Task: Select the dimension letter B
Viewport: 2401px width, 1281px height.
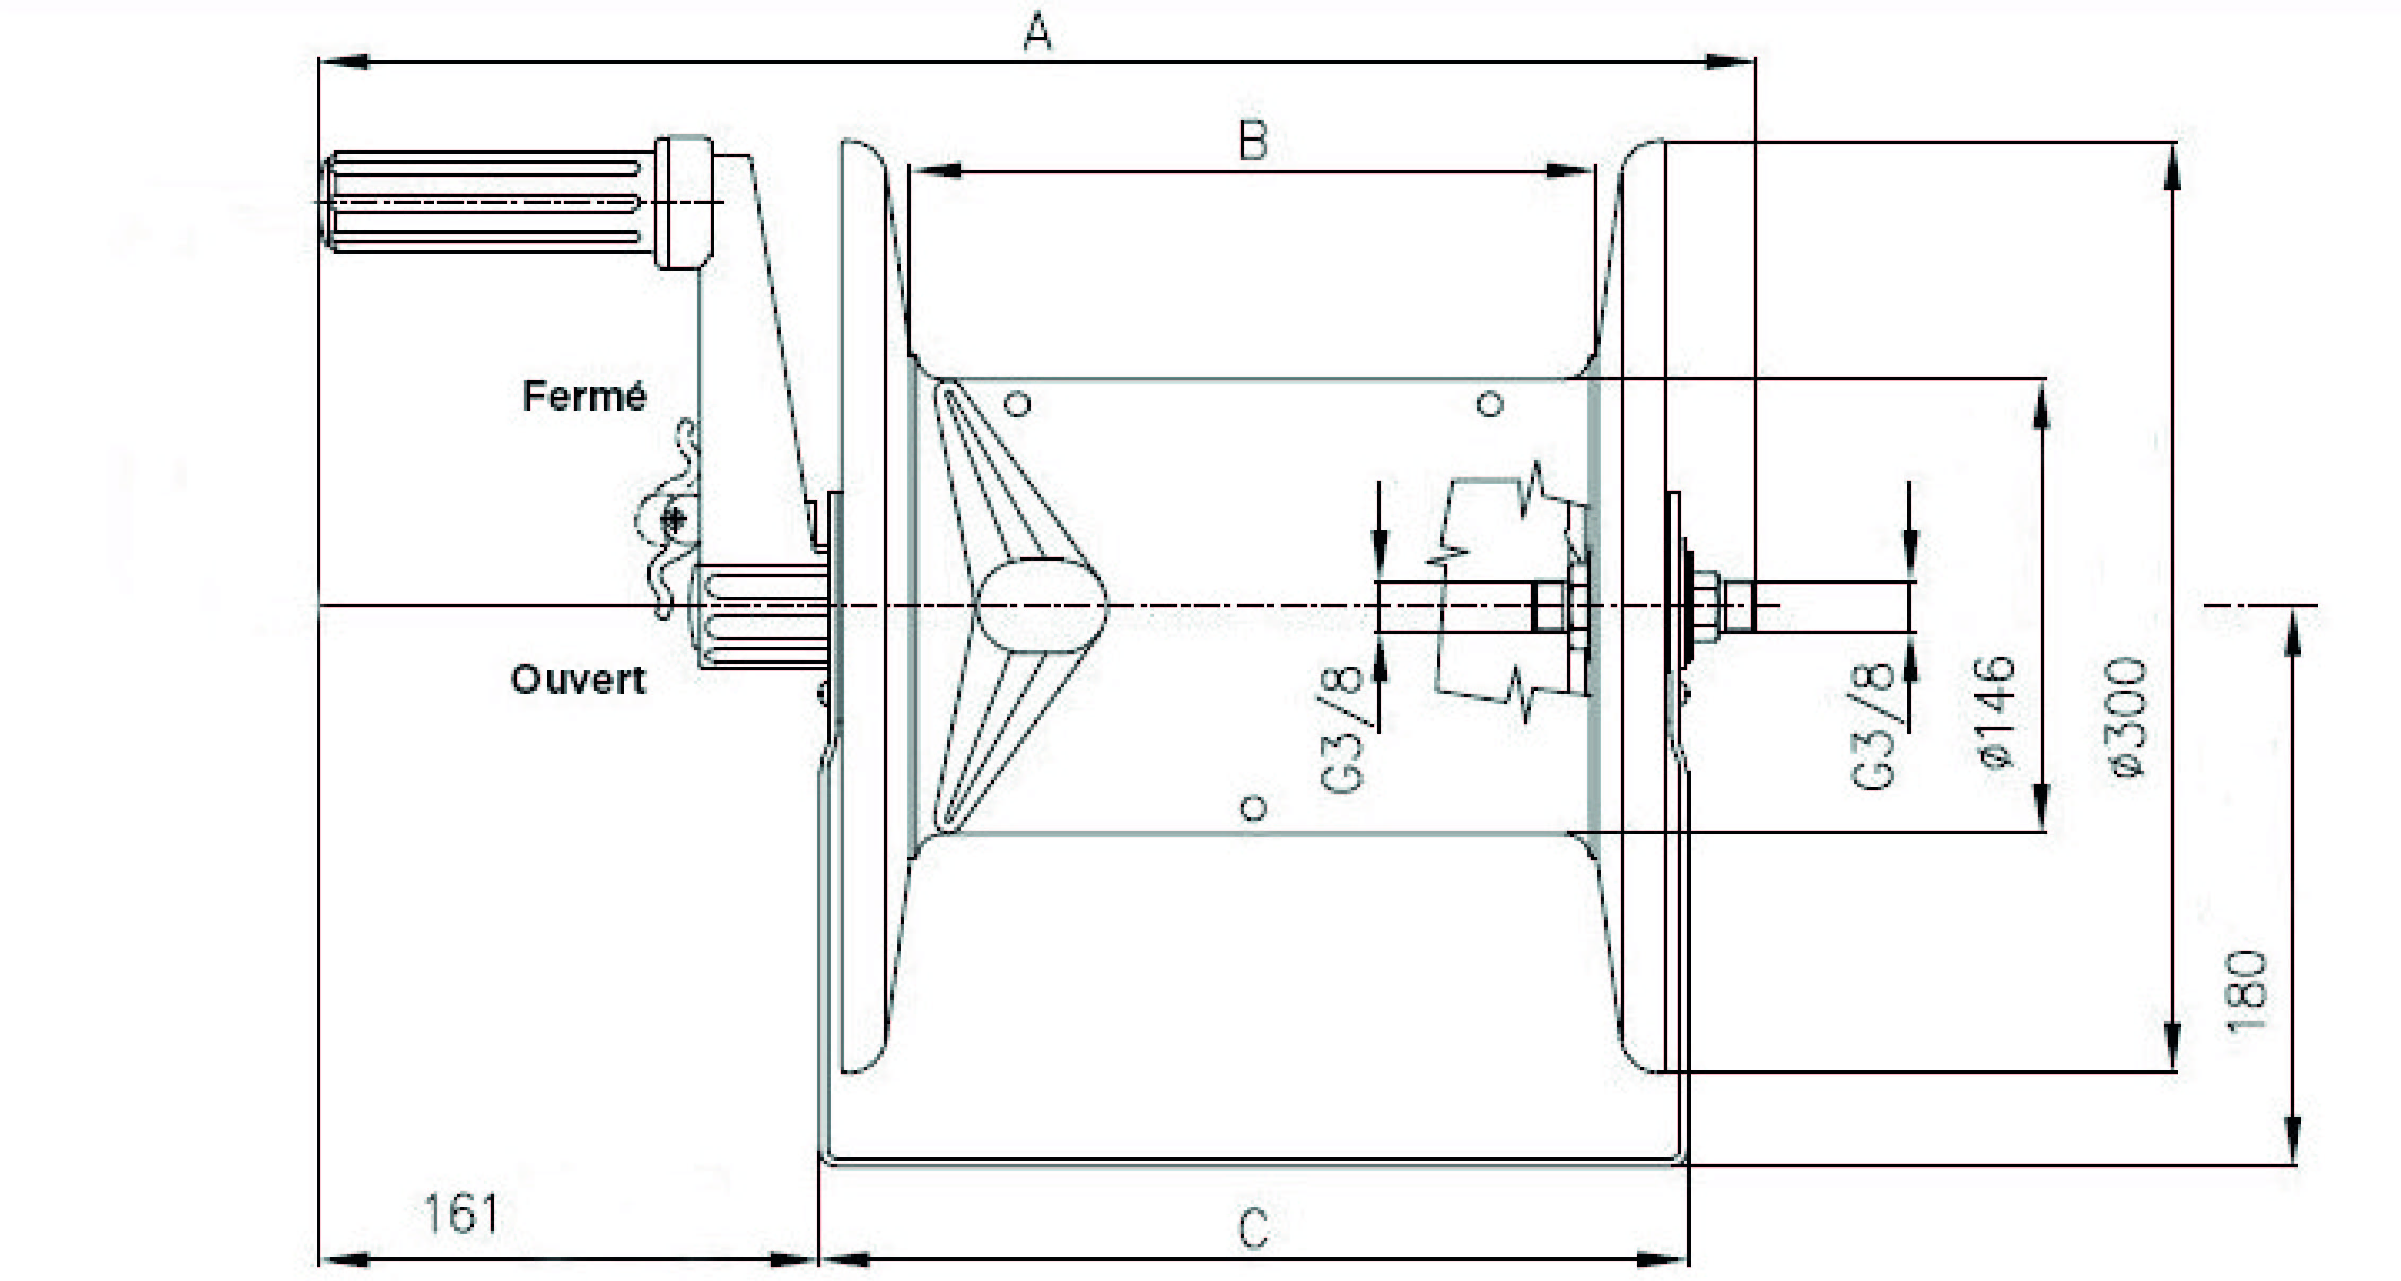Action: click(1253, 143)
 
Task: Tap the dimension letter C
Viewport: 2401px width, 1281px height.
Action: click(1254, 1229)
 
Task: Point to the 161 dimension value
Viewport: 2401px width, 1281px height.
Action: click(460, 1214)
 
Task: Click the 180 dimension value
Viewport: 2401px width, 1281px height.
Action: click(2246, 991)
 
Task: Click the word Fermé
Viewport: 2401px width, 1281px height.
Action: click(584, 396)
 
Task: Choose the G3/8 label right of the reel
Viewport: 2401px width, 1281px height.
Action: click(1873, 725)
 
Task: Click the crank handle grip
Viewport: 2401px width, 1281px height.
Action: click(485, 202)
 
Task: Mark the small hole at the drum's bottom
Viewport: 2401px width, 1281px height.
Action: click(1254, 807)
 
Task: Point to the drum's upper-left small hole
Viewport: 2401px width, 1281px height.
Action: click(1019, 404)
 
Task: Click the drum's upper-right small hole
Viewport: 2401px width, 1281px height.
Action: click(1491, 404)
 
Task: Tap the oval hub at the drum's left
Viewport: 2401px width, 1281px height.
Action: click(1041, 606)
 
